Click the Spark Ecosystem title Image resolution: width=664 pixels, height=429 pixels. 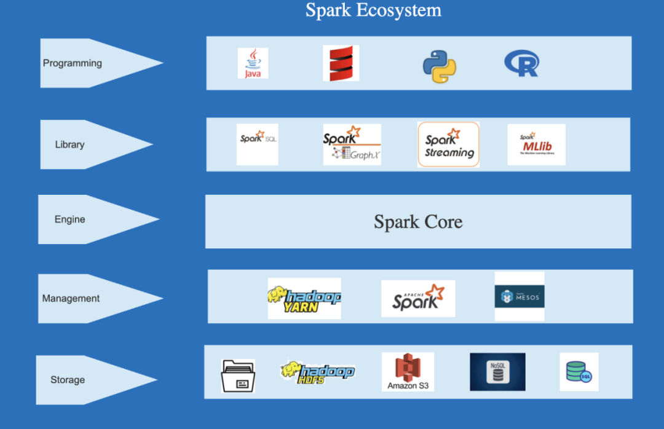(x=373, y=10)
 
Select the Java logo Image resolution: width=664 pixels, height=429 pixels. (x=253, y=63)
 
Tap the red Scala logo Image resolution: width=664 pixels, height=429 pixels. (x=341, y=63)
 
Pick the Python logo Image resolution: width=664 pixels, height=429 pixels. (x=439, y=67)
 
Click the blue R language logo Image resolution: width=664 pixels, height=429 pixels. (x=521, y=63)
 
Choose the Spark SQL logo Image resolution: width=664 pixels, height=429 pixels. (x=257, y=144)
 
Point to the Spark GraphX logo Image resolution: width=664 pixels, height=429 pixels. (x=352, y=144)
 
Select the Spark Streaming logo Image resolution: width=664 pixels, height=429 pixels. (x=448, y=144)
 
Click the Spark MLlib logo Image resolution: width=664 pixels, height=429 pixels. (x=536, y=144)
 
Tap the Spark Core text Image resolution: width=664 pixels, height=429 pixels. (x=418, y=222)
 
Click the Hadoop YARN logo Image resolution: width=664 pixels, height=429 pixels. (x=304, y=298)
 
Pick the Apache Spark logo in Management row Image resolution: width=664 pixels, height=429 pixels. (x=418, y=299)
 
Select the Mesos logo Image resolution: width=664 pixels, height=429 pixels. (x=520, y=296)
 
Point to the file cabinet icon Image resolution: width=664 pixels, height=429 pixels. (x=238, y=376)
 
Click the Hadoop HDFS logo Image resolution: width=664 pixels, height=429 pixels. (x=317, y=371)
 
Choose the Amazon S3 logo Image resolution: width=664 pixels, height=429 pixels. (x=408, y=372)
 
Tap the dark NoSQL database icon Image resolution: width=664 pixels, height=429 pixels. (x=497, y=372)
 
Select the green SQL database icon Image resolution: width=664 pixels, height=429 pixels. (x=579, y=372)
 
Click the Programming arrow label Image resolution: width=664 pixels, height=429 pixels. (x=73, y=63)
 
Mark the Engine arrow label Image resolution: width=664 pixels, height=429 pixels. (x=70, y=219)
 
